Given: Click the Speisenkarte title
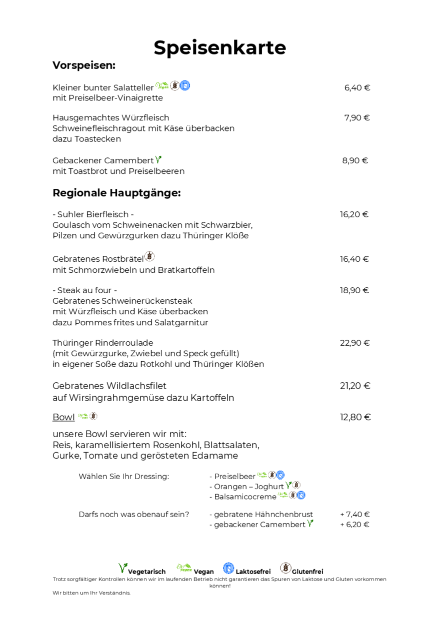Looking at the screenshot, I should pos(219,48).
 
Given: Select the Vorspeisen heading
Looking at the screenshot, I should pos(84,65).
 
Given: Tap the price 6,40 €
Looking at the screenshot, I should pos(357,88).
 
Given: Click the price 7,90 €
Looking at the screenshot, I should pos(357,118).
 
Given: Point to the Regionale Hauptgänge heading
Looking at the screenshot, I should pos(116,193).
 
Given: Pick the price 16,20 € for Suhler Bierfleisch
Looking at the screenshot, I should pos(354,215).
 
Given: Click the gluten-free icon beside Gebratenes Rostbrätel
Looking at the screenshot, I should pos(149,257).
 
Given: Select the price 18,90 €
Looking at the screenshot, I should pos(354,290).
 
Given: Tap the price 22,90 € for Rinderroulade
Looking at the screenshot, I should pos(354,343).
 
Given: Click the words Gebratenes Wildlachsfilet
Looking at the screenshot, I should pos(109,386).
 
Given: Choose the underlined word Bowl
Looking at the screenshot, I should pos(63,417).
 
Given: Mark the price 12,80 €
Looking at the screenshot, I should pos(355,417).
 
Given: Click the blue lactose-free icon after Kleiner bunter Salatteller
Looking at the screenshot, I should pos(185,85).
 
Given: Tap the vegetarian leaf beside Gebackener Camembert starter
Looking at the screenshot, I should pos(158,160).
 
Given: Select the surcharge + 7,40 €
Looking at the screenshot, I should pos(354,515).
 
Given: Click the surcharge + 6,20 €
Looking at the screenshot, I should pos(354,525).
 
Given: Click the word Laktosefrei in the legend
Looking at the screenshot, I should pos(253,572).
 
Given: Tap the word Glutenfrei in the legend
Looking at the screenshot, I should pos(307,572).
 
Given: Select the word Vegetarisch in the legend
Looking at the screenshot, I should pos(146,572).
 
